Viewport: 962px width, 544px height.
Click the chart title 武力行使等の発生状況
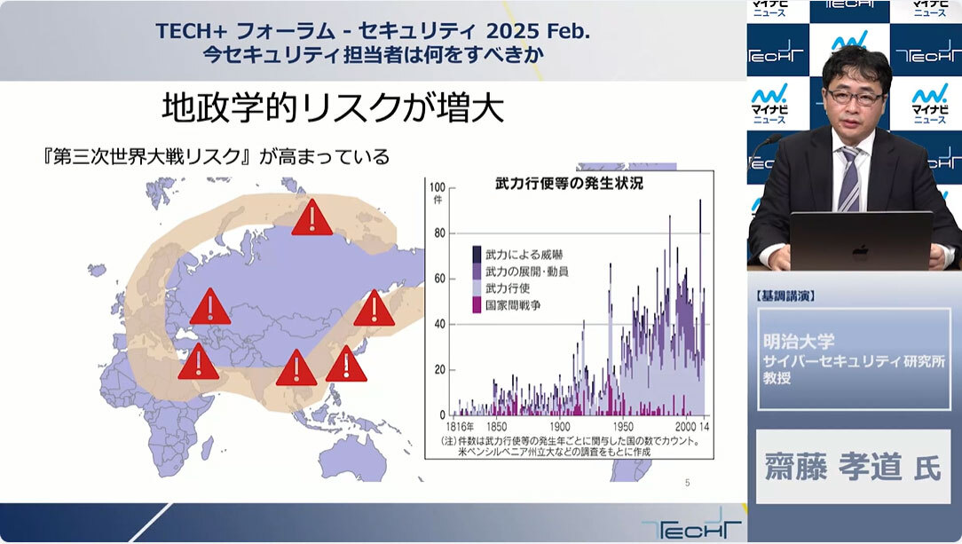coord(569,184)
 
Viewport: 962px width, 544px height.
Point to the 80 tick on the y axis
coord(440,233)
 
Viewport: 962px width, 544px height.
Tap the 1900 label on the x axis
coord(559,426)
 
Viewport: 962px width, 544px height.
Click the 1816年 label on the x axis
coord(460,426)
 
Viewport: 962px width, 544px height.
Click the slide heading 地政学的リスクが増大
coord(333,107)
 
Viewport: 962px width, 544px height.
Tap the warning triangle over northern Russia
coord(312,217)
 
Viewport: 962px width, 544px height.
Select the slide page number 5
coord(687,483)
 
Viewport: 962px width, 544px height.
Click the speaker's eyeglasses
coord(855,97)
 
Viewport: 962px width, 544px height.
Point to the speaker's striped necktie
coord(849,179)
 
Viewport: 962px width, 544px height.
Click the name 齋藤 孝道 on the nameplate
coord(833,468)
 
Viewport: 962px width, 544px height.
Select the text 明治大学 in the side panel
coord(799,341)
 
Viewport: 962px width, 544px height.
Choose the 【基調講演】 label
coord(786,296)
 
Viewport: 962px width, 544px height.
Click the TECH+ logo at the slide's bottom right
coord(691,525)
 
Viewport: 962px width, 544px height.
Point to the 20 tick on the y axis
coord(440,370)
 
